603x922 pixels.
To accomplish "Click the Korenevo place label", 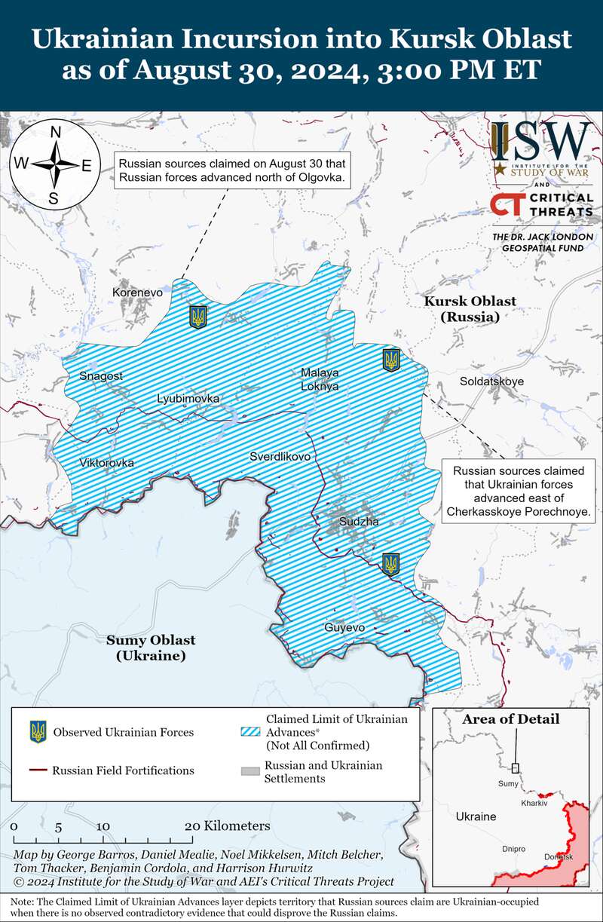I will coord(137,292).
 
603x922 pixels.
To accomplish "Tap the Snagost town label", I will coord(100,375).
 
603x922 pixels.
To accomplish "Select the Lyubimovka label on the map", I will coord(188,398).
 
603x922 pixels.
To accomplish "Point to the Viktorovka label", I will coord(106,462).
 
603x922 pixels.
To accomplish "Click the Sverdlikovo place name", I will coord(280,457).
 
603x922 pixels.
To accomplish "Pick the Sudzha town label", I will coord(359,521).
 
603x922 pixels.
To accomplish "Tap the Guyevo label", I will coord(344,627).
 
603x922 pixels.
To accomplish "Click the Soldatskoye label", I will coord(491,381).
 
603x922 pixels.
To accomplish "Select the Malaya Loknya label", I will coord(320,379).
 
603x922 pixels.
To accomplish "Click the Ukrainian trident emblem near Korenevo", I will coord(198,317).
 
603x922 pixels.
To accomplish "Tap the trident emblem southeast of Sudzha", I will coord(390,564).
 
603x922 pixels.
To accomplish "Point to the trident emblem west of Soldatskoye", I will coord(391,360).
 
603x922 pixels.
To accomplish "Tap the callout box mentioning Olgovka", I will coord(231,171).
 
